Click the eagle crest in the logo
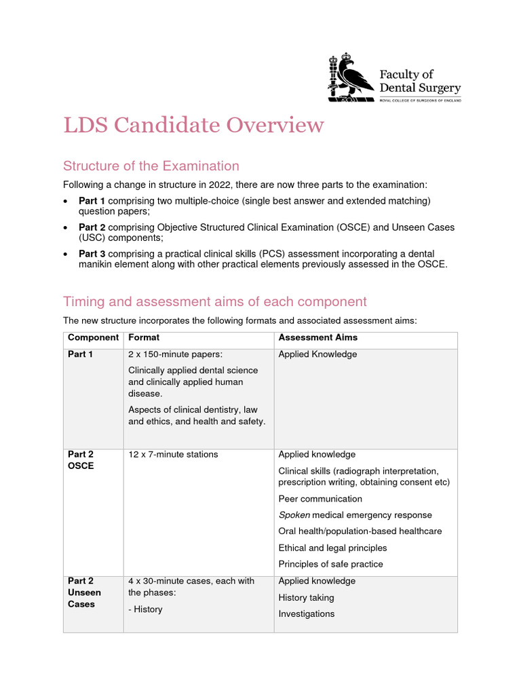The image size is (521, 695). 351,77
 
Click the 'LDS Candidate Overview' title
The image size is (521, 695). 193,126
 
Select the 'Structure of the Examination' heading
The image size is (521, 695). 151,166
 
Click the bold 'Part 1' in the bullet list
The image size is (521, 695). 92,201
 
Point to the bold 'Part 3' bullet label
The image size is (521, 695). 92,253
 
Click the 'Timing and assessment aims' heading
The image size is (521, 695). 214,301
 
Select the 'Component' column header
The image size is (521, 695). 93,337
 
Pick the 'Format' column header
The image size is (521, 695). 144,337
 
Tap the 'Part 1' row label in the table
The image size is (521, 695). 81,354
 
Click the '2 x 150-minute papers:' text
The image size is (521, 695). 174,354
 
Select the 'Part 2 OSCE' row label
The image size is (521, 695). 81,460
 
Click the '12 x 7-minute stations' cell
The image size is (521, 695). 173,455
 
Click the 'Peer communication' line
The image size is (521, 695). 320,499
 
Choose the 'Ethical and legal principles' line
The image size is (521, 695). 332,548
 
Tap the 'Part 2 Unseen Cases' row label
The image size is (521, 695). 84,593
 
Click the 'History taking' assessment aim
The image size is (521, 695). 306,598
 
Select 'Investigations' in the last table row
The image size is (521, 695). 306,614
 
